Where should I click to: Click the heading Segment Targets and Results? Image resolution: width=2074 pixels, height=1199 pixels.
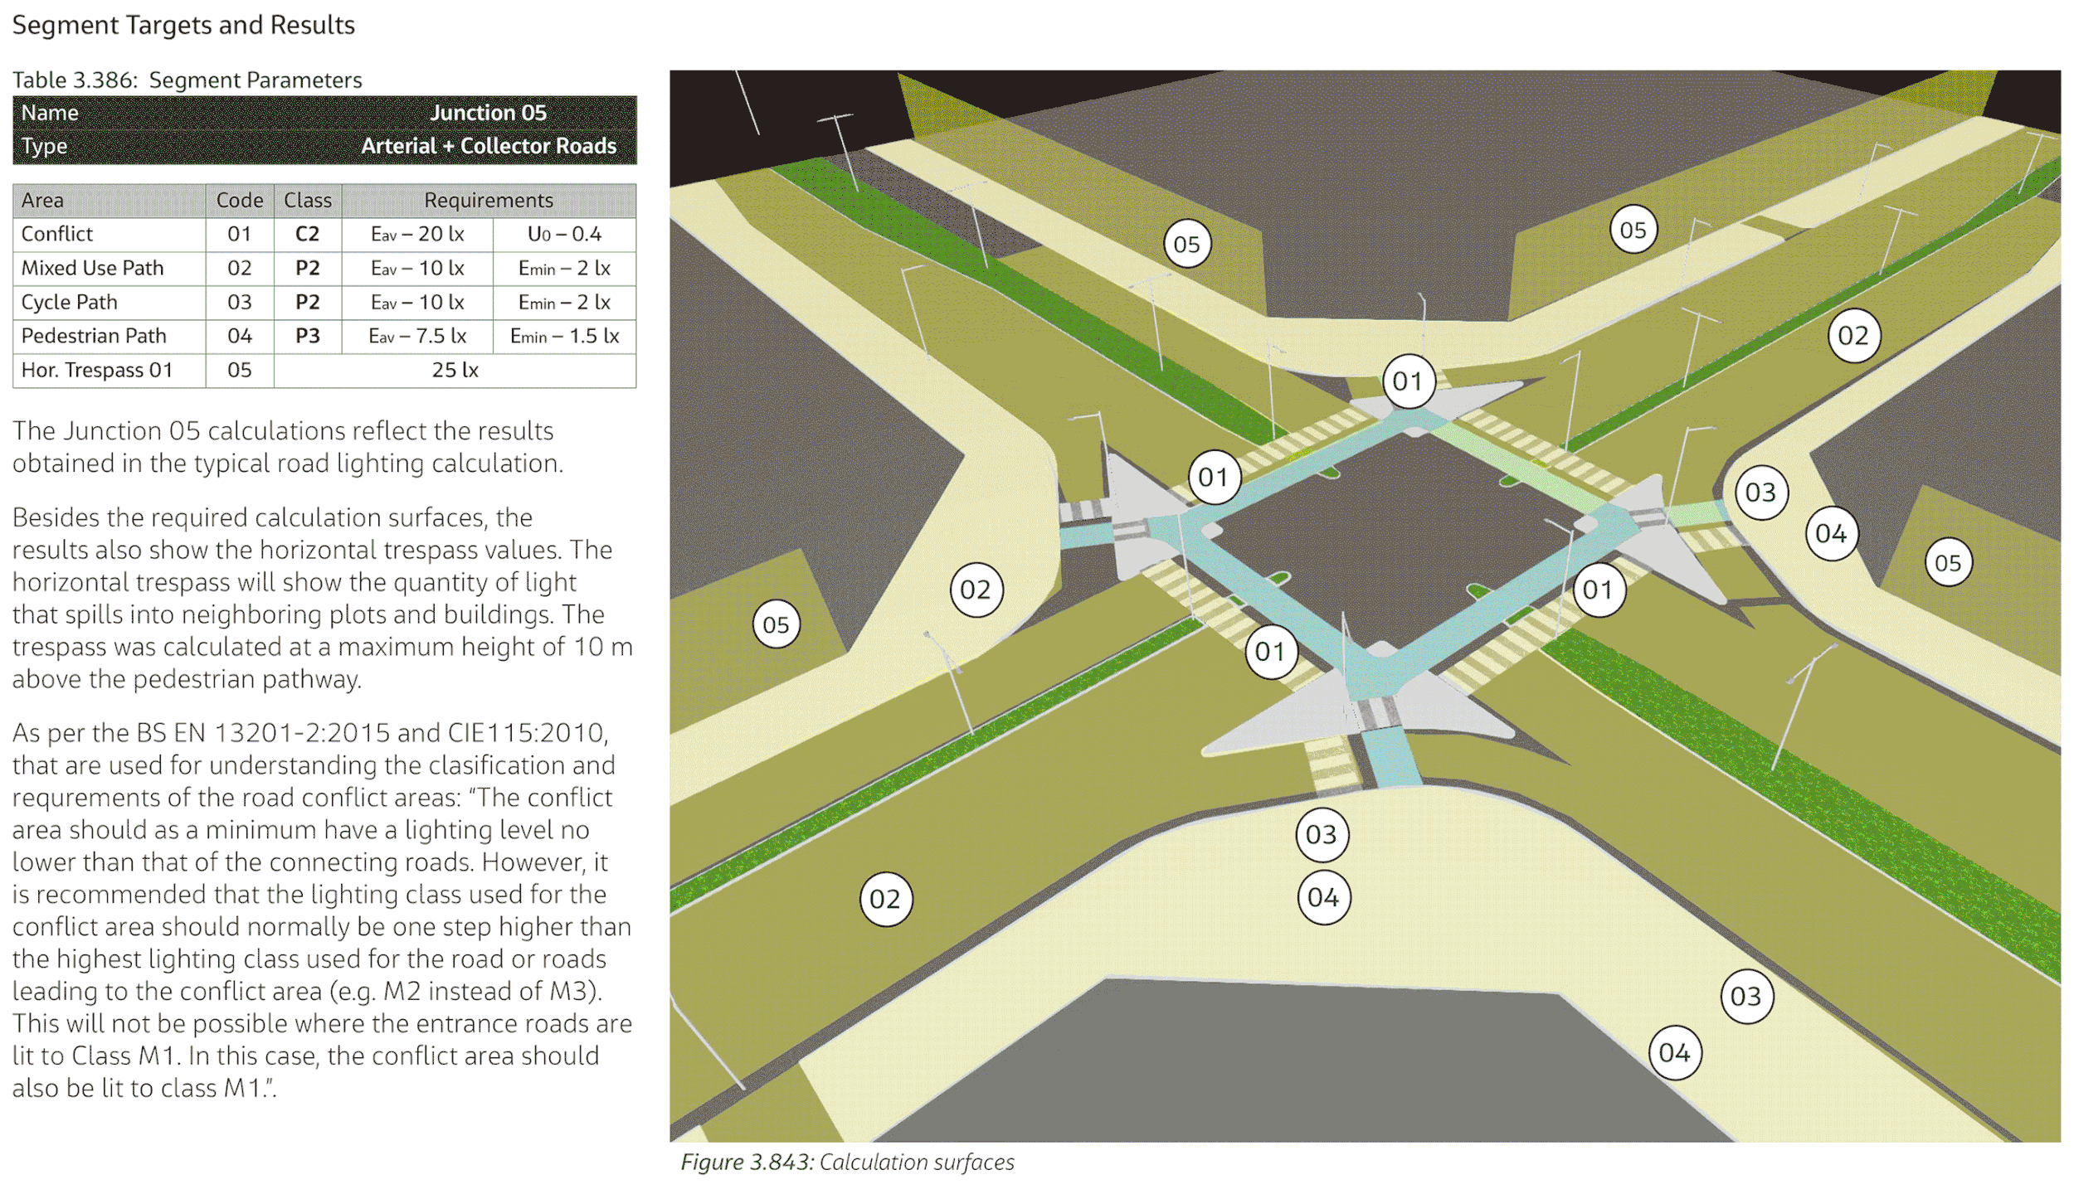tap(183, 25)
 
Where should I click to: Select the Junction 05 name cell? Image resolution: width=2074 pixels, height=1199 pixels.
tap(488, 113)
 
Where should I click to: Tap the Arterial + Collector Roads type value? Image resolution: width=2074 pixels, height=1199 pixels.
tap(488, 146)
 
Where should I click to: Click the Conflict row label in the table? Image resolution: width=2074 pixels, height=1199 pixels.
tap(57, 234)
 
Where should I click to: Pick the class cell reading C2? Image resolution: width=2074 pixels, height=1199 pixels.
tap(307, 234)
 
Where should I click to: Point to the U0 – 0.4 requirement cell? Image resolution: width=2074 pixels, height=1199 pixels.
tap(564, 234)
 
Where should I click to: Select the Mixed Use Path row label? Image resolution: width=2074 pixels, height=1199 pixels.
tap(92, 268)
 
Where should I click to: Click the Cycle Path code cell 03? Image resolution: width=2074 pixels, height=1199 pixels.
tap(239, 302)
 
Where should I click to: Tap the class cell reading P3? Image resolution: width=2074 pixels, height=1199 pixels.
tap(307, 336)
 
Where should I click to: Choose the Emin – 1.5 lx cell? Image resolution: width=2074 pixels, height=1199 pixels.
tap(564, 336)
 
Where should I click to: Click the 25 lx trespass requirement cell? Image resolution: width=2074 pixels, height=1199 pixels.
tap(455, 370)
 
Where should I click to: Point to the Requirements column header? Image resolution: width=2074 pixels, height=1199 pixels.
tap(488, 200)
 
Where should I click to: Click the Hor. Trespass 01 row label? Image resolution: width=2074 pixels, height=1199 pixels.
tap(96, 370)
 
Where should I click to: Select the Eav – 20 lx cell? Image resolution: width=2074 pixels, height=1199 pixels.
tap(417, 234)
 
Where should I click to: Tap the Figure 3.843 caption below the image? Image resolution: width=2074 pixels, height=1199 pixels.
tap(847, 1163)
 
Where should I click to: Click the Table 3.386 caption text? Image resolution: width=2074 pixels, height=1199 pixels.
tap(187, 80)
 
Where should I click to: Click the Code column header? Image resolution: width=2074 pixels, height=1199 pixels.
tap(239, 200)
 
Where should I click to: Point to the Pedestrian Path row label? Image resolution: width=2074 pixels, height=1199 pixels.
tap(94, 336)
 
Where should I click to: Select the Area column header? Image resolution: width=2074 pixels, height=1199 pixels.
tap(42, 200)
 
